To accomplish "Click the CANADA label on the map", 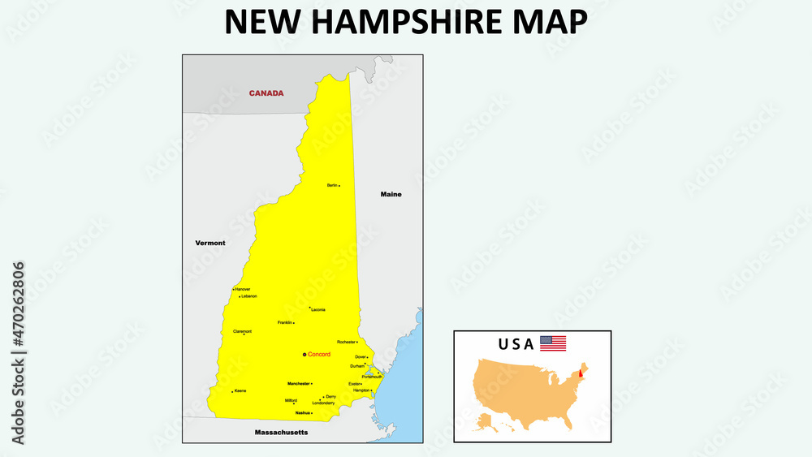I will [x=266, y=93].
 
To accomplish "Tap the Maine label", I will [x=391, y=195].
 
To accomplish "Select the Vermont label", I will [x=210, y=243].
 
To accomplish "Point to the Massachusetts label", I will [x=281, y=433].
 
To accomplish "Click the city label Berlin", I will [x=332, y=185].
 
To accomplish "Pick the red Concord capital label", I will [x=319, y=355].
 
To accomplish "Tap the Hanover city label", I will [x=243, y=289].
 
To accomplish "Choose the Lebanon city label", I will [x=248, y=296].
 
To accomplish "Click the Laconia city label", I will [x=317, y=310].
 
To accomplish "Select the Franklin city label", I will [x=285, y=322].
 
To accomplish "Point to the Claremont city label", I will [x=242, y=331].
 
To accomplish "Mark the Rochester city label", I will [x=346, y=342].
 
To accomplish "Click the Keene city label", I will [x=240, y=390].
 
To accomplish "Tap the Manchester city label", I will [x=298, y=383].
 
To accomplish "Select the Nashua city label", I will [x=302, y=413].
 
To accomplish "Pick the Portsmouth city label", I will [x=372, y=377].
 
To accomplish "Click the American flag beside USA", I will [x=553, y=343].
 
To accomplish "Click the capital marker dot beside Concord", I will [x=304, y=355].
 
